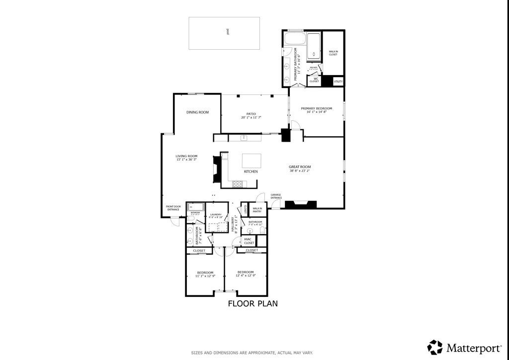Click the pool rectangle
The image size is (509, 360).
pos(224,33)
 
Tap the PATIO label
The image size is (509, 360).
pos(251,113)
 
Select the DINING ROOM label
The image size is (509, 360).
pos(197,112)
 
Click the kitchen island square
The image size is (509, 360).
pos(252,161)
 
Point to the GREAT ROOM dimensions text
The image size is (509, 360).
pos(300,171)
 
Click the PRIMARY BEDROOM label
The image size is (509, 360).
pos(316,108)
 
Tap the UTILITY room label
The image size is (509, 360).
pos(338,81)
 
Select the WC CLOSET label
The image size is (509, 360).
pos(314,80)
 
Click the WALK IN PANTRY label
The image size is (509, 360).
pos(257,210)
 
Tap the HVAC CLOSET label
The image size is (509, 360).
pos(249,241)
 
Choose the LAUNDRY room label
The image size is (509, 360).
pos(216,215)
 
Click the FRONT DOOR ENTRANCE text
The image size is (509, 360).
pos(173,208)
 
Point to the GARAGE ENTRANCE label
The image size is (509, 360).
pos(276,196)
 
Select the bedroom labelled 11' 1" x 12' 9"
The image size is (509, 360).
pos(205,274)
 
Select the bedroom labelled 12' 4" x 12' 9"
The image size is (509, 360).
pos(246,274)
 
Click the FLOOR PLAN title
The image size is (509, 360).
pos(253,303)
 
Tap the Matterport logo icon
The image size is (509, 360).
pos(435,347)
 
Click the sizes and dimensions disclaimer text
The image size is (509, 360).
pos(252,353)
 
